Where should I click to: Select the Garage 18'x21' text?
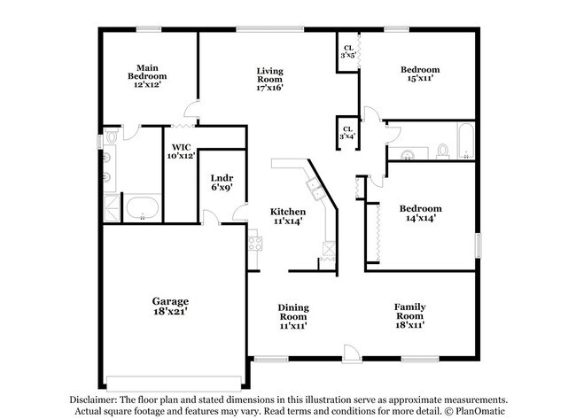[169, 306]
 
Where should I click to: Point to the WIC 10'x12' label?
[181, 151]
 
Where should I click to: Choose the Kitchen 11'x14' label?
[288, 216]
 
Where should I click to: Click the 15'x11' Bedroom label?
[419, 75]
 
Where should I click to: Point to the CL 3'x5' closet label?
[347, 52]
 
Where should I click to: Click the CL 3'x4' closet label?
[347, 132]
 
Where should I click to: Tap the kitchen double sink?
[313, 187]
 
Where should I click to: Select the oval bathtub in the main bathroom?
[141, 210]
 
